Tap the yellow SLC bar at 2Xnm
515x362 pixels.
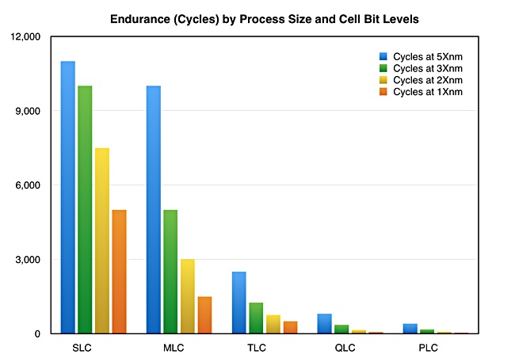pyautogui.click(x=102, y=241)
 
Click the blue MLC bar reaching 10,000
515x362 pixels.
pyautogui.click(x=154, y=210)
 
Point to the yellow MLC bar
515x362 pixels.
pyautogui.click(x=188, y=296)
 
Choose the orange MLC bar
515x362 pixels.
pyautogui.click(x=204, y=315)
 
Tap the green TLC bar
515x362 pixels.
pyautogui.click(x=256, y=318)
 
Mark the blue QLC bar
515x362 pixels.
pyautogui.click(x=325, y=323)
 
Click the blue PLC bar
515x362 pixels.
pyautogui.click(x=410, y=329)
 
